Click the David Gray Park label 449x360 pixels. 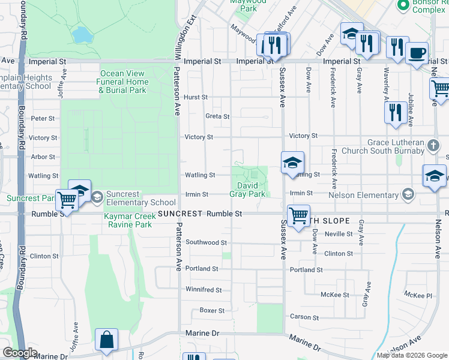coord(247,190)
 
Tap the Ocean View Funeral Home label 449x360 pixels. coord(124,82)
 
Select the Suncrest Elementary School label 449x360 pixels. coord(133,198)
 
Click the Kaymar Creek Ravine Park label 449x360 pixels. coord(128,220)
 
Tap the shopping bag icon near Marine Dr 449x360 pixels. coord(106,340)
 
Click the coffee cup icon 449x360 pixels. coord(416,53)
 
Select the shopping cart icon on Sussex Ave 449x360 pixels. coord(298,215)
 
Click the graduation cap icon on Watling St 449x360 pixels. coord(292,162)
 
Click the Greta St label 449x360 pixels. coord(217,116)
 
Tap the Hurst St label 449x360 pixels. coord(196,97)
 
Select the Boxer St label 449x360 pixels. coord(212,311)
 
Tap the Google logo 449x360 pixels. coord(20,353)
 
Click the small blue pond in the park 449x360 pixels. coord(80,35)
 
